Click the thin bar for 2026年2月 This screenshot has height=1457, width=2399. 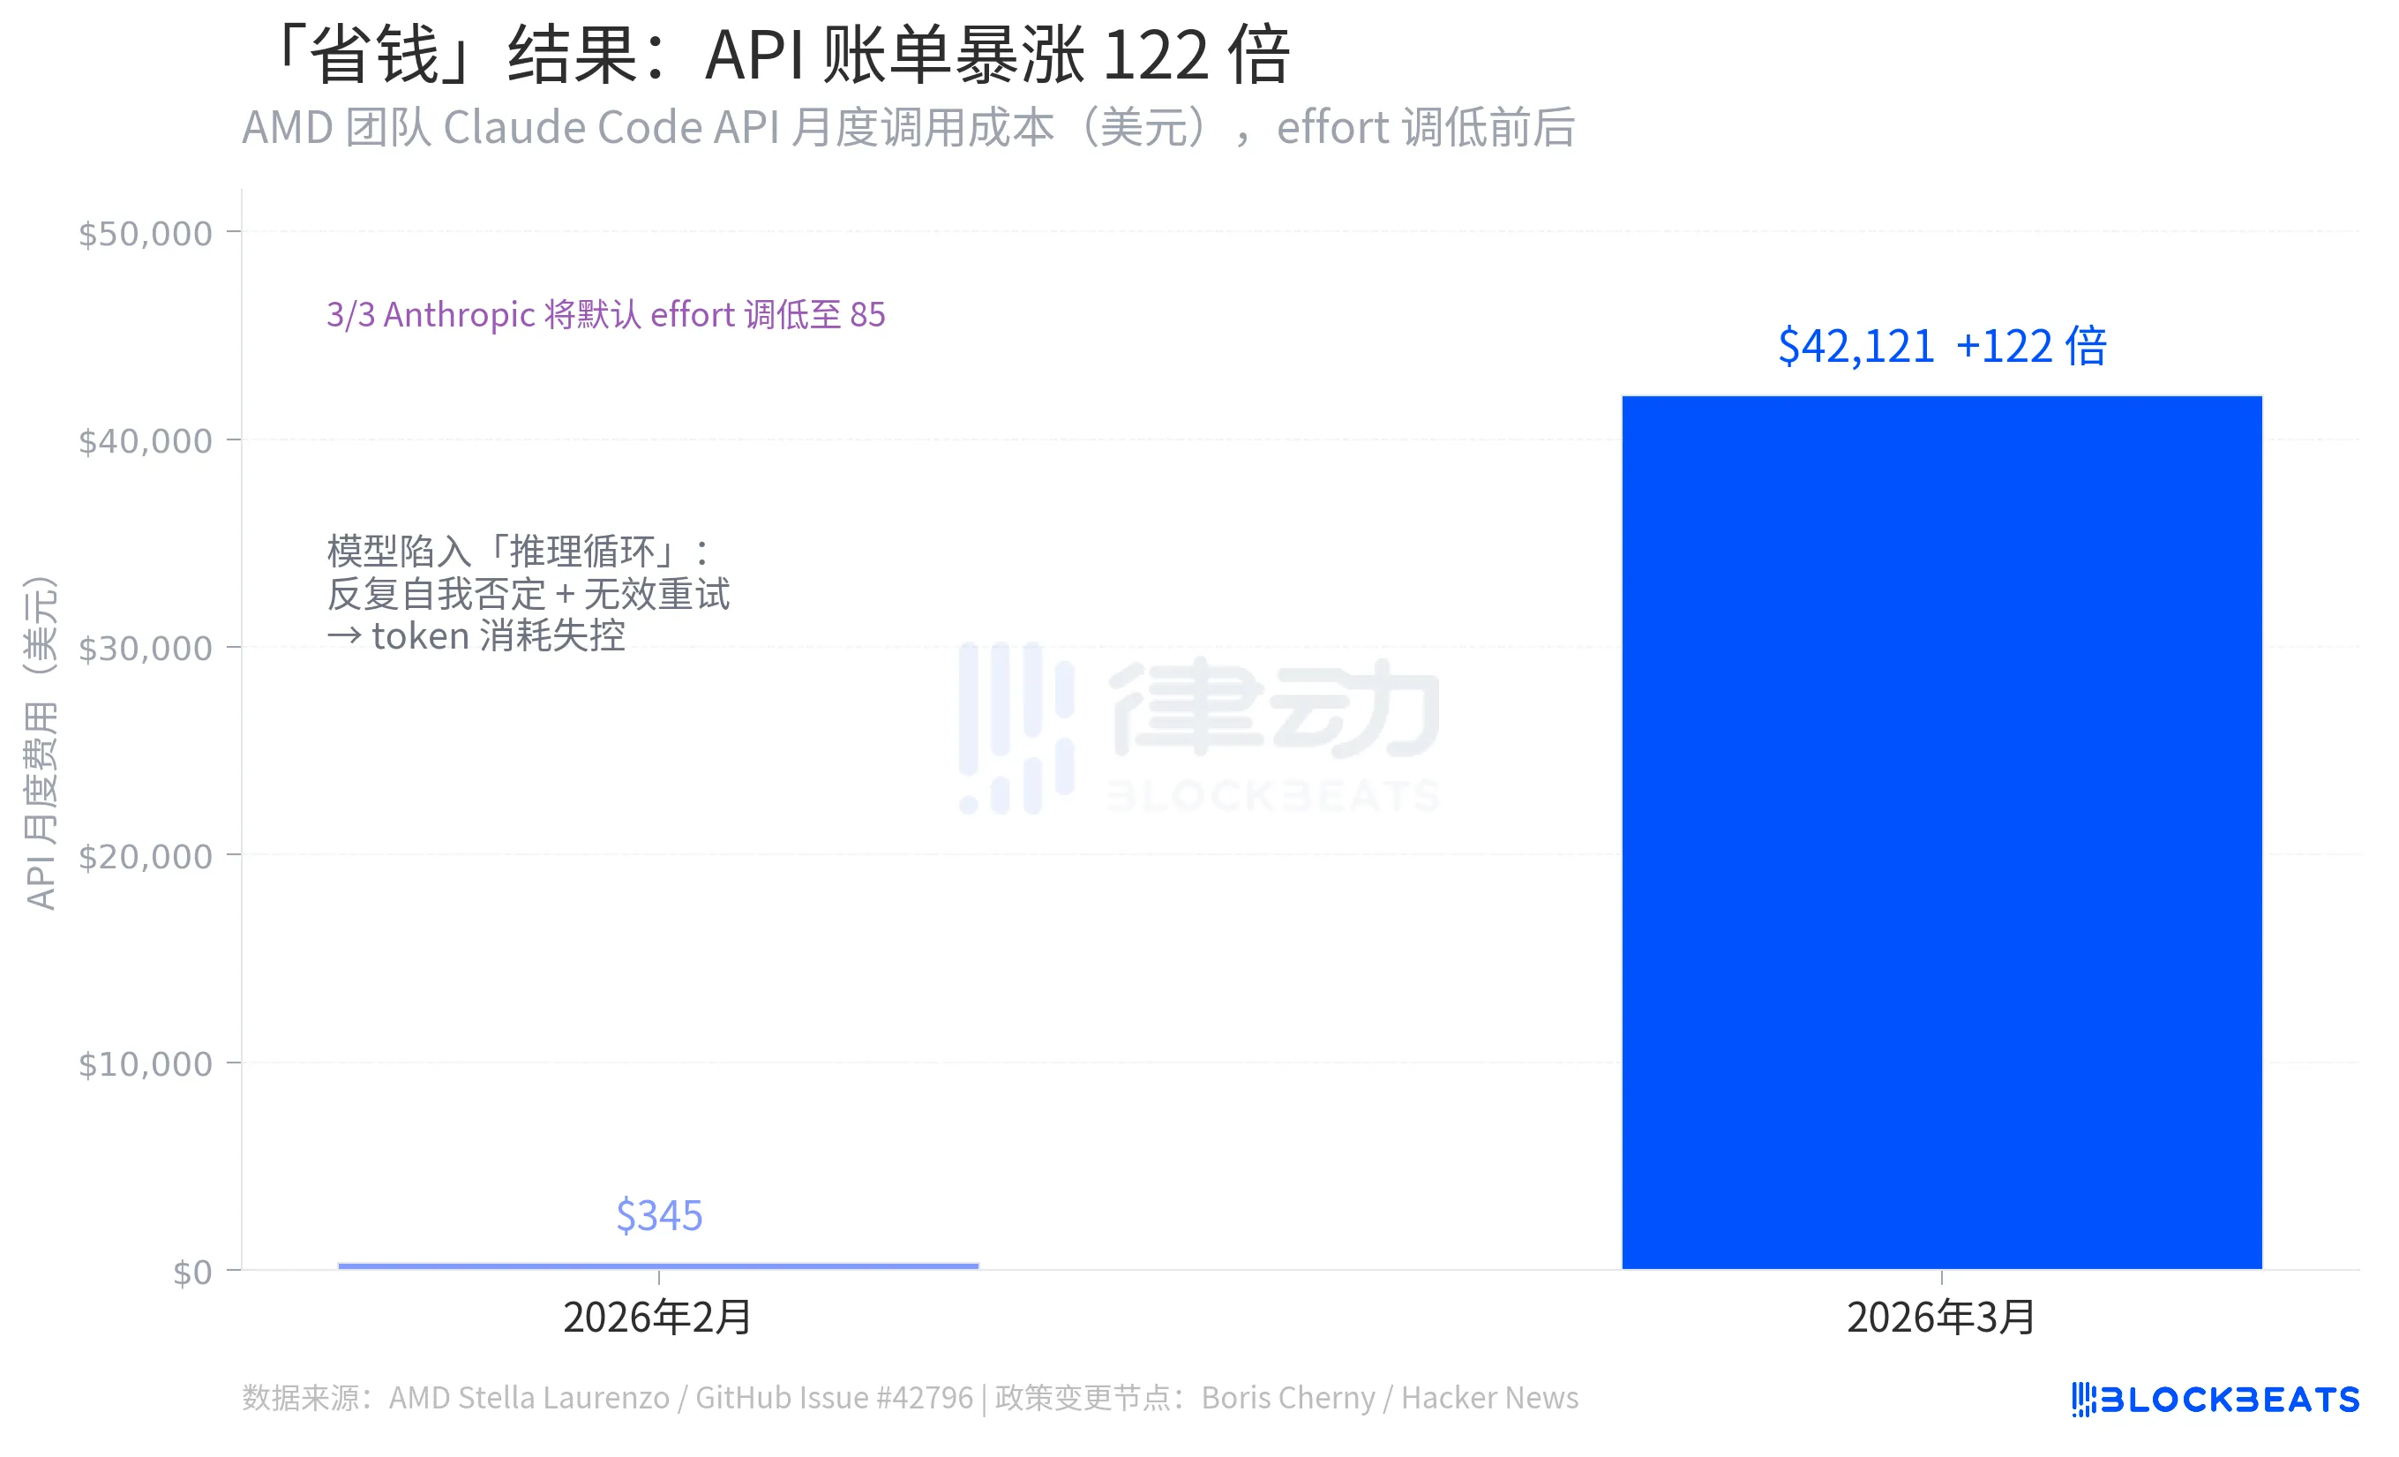658,1265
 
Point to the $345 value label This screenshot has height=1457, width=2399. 659,1215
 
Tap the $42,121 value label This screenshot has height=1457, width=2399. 1855,347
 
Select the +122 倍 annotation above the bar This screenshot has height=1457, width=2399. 2031,347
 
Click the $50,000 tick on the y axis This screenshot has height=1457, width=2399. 145,234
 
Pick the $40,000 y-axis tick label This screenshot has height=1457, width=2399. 145,441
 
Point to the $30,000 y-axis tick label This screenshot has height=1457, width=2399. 145,649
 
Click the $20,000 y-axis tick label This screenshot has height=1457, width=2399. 145,856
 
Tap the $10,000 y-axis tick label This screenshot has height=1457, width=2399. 145,1063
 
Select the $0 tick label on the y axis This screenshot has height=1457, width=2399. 191,1272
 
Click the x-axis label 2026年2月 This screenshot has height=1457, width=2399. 658,1317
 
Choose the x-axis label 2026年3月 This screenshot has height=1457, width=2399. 1941,1317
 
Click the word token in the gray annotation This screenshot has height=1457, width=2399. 421,636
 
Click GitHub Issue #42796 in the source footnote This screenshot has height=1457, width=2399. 834,1398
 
